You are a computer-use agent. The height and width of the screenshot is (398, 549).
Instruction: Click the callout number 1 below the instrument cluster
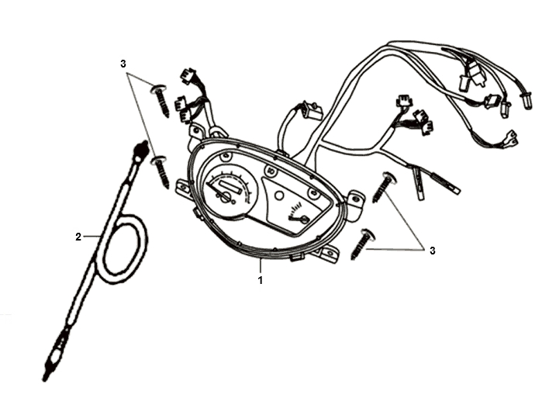click(260, 280)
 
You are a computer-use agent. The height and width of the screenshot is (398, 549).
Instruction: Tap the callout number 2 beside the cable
click(78, 237)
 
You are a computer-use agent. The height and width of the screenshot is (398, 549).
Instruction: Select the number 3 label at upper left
click(123, 64)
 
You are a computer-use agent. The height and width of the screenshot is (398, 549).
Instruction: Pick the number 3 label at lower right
click(433, 251)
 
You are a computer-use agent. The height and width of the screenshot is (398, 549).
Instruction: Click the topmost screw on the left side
click(161, 100)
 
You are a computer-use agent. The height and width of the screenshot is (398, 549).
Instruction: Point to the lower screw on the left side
click(161, 171)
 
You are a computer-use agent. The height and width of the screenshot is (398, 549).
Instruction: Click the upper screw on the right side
click(384, 187)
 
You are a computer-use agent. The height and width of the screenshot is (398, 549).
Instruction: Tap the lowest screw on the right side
click(362, 244)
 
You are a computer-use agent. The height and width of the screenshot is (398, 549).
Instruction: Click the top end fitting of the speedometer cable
click(141, 150)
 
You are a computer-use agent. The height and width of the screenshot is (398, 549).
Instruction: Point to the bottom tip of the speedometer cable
click(45, 378)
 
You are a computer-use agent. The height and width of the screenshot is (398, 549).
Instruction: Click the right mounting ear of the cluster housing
click(355, 205)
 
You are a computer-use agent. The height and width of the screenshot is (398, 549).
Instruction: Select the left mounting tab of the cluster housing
click(184, 189)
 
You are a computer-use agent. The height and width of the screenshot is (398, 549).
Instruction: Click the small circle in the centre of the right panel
click(279, 196)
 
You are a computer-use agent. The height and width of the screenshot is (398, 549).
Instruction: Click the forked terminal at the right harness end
click(512, 138)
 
